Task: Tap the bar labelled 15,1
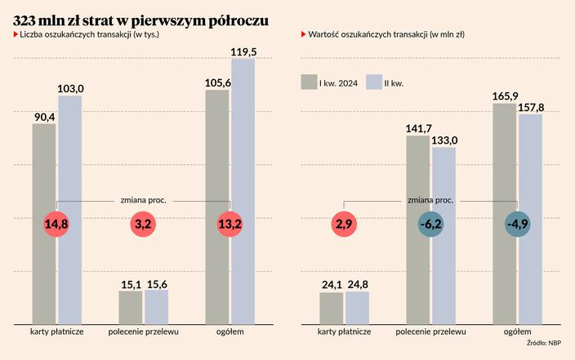(131, 307)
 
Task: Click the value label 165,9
(506, 96)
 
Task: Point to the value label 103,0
(70, 88)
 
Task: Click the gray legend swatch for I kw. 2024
(309, 82)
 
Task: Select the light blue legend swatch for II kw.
(375, 82)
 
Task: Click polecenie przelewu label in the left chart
(144, 332)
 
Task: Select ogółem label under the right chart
(518, 332)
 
